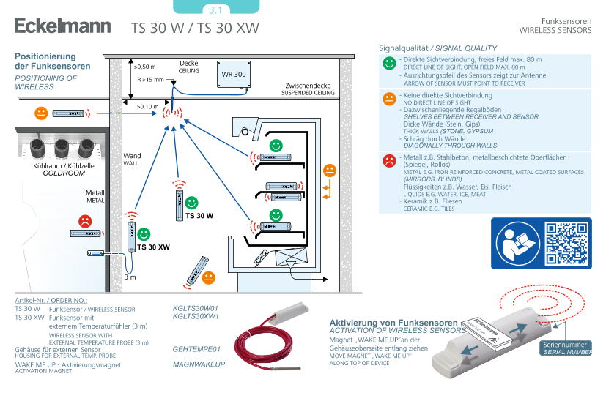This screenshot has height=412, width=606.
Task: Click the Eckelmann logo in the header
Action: pos(62,27)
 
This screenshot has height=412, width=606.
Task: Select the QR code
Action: pos(567,242)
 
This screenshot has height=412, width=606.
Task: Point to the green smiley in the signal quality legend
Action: pos(389,64)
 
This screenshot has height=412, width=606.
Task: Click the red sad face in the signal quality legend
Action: pos(389,160)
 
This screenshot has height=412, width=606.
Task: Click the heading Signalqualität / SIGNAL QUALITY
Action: pos(437,48)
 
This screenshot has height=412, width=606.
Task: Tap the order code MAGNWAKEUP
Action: pos(199,364)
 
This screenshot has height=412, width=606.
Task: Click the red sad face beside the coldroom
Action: pos(85,220)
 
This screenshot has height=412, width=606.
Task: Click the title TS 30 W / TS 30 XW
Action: pos(195,29)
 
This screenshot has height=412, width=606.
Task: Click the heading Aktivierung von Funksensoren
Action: pos(393,323)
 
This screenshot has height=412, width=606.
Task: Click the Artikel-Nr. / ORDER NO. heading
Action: pos(51,301)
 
